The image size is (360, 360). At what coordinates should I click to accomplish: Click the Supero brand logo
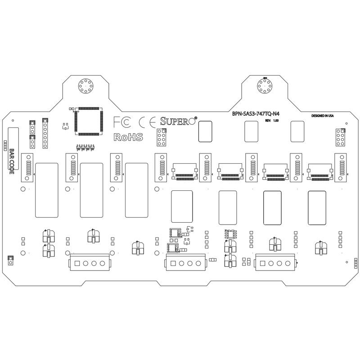pos(177,121)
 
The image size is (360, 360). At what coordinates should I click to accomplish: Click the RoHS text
pos(128,137)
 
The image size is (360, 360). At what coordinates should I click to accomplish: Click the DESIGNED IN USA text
pos(322,116)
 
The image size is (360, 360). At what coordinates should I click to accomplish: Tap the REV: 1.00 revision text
pos(272,121)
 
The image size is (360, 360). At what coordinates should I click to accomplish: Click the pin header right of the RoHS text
pos(162,138)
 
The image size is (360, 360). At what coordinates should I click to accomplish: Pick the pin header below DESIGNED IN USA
pos(340,138)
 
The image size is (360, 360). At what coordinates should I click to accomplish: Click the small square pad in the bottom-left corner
pos(9,260)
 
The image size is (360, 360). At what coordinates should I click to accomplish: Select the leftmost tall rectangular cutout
pos(47,190)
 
